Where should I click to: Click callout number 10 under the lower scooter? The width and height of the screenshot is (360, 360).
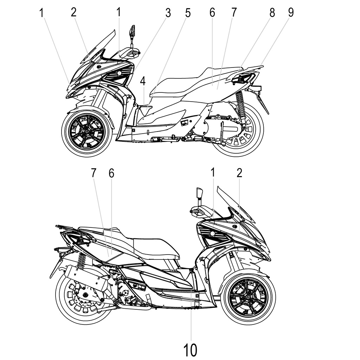(x=190, y=349)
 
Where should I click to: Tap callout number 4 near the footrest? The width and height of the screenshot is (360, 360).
(x=142, y=81)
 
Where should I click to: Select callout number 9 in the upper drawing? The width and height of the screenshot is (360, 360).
(x=290, y=12)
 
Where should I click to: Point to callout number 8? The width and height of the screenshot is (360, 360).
(x=272, y=12)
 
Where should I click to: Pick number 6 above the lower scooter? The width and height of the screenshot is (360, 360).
(x=111, y=173)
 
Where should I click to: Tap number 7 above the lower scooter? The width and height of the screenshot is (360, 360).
(x=94, y=173)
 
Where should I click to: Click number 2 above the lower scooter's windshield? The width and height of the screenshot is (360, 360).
(x=239, y=173)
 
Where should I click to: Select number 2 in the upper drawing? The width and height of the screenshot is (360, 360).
(x=73, y=12)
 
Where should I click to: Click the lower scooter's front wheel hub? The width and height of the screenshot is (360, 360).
(x=248, y=297)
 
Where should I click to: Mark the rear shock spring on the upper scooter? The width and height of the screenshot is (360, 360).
(x=240, y=102)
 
